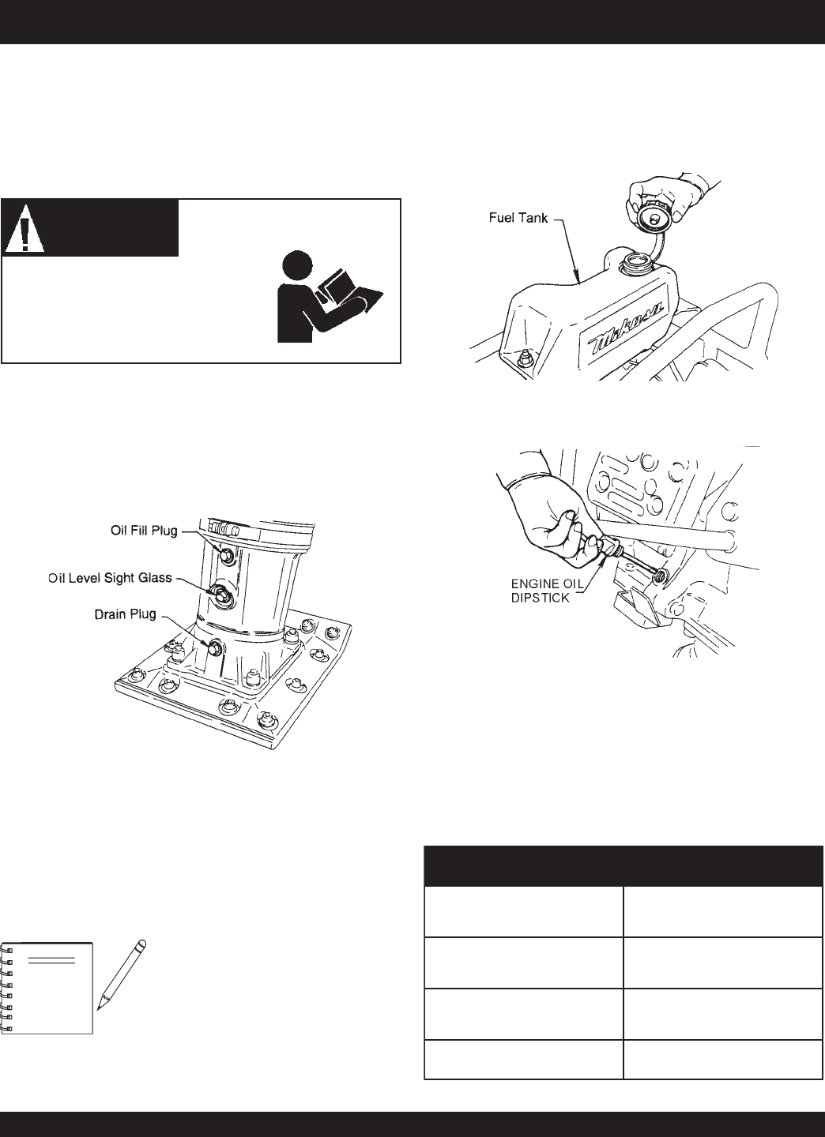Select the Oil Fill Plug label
(x=142, y=531)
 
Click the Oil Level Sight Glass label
(x=111, y=578)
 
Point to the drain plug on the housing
(x=213, y=649)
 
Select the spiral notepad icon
(x=47, y=987)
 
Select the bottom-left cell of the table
(x=523, y=1060)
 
